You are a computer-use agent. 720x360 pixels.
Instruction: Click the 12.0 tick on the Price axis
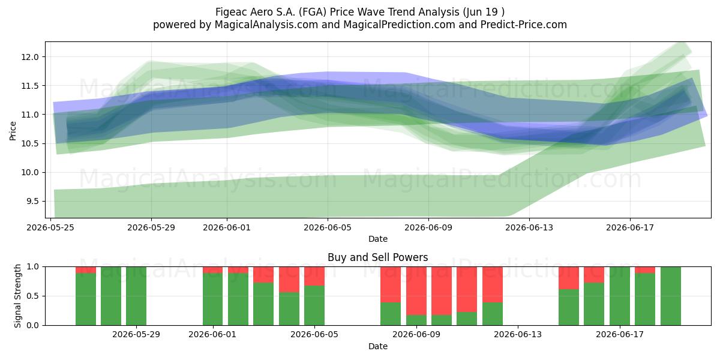pyautogui.click(x=29, y=57)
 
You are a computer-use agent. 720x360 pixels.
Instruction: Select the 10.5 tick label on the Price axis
pyautogui.click(x=29, y=143)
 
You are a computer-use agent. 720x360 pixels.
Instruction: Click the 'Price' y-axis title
pyautogui.click(x=13, y=131)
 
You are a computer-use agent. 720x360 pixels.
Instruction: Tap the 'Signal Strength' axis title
pyautogui.click(x=17, y=296)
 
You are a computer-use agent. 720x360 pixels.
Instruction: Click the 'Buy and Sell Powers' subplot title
pyautogui.click(x=377, y=257)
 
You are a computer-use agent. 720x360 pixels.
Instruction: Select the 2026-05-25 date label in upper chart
pyautogui.click(x=50, y=227)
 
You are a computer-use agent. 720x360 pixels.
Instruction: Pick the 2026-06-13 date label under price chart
pyautogui.click(x=529, y=227)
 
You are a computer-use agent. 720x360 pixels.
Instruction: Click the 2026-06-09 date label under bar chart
pyautogui.click(x=416, y=335)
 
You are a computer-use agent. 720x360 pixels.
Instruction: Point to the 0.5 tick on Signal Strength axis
pyautogui.click(x=32, y=296)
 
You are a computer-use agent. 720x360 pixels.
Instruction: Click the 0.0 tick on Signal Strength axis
pyautogui.click(x=32, y=325)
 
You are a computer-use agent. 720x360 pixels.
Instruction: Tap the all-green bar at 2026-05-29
pyautogui.click(x=136, y=296)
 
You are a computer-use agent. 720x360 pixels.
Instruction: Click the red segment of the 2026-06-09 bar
pyautogui.click(x=416, y=291)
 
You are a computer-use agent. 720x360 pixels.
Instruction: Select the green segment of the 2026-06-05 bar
pyautogui.click(x=314, y=305)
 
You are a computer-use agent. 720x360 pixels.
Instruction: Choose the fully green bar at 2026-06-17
pyautogui.click(x=620, y=296)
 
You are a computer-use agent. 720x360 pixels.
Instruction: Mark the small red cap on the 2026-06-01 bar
pyautogui.click(x=212, y=270)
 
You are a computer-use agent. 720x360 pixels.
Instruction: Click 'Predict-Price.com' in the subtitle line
pyautogui.click(x=524, y=25)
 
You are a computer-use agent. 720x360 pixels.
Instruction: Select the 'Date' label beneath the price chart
pyautogui.click(x=378, y=239)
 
